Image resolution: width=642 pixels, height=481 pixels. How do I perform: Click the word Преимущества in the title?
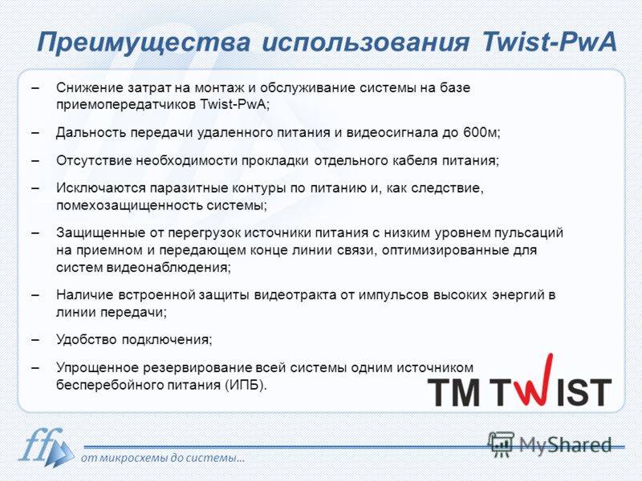tap(144, 42)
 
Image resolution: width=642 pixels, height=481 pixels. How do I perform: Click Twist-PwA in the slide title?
tap(550, 41)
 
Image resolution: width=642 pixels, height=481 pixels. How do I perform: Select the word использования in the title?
tap(366, 42)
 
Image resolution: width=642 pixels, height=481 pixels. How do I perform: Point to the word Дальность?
tap(91, 132)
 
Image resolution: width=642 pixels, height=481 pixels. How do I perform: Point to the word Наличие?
tap(85, 295)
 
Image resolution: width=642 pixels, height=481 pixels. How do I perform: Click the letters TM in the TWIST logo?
tap(454, 391)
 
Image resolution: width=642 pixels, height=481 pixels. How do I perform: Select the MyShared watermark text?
tap(566, 445)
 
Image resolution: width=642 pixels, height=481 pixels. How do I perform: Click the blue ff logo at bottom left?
tap(45, 447)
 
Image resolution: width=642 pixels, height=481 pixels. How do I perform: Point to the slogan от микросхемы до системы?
tap(163, 458)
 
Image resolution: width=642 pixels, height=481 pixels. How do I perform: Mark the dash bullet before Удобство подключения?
tap(35, 340)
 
